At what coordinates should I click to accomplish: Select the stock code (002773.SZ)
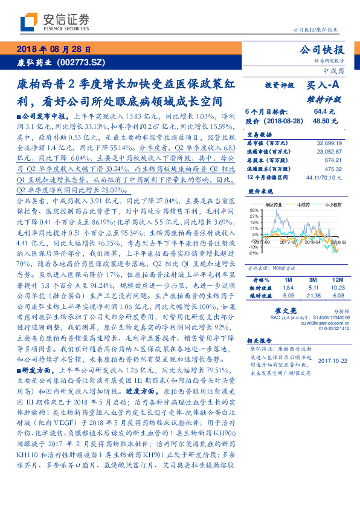coord(81,62)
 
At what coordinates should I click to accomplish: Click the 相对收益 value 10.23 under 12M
coord(336,288)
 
